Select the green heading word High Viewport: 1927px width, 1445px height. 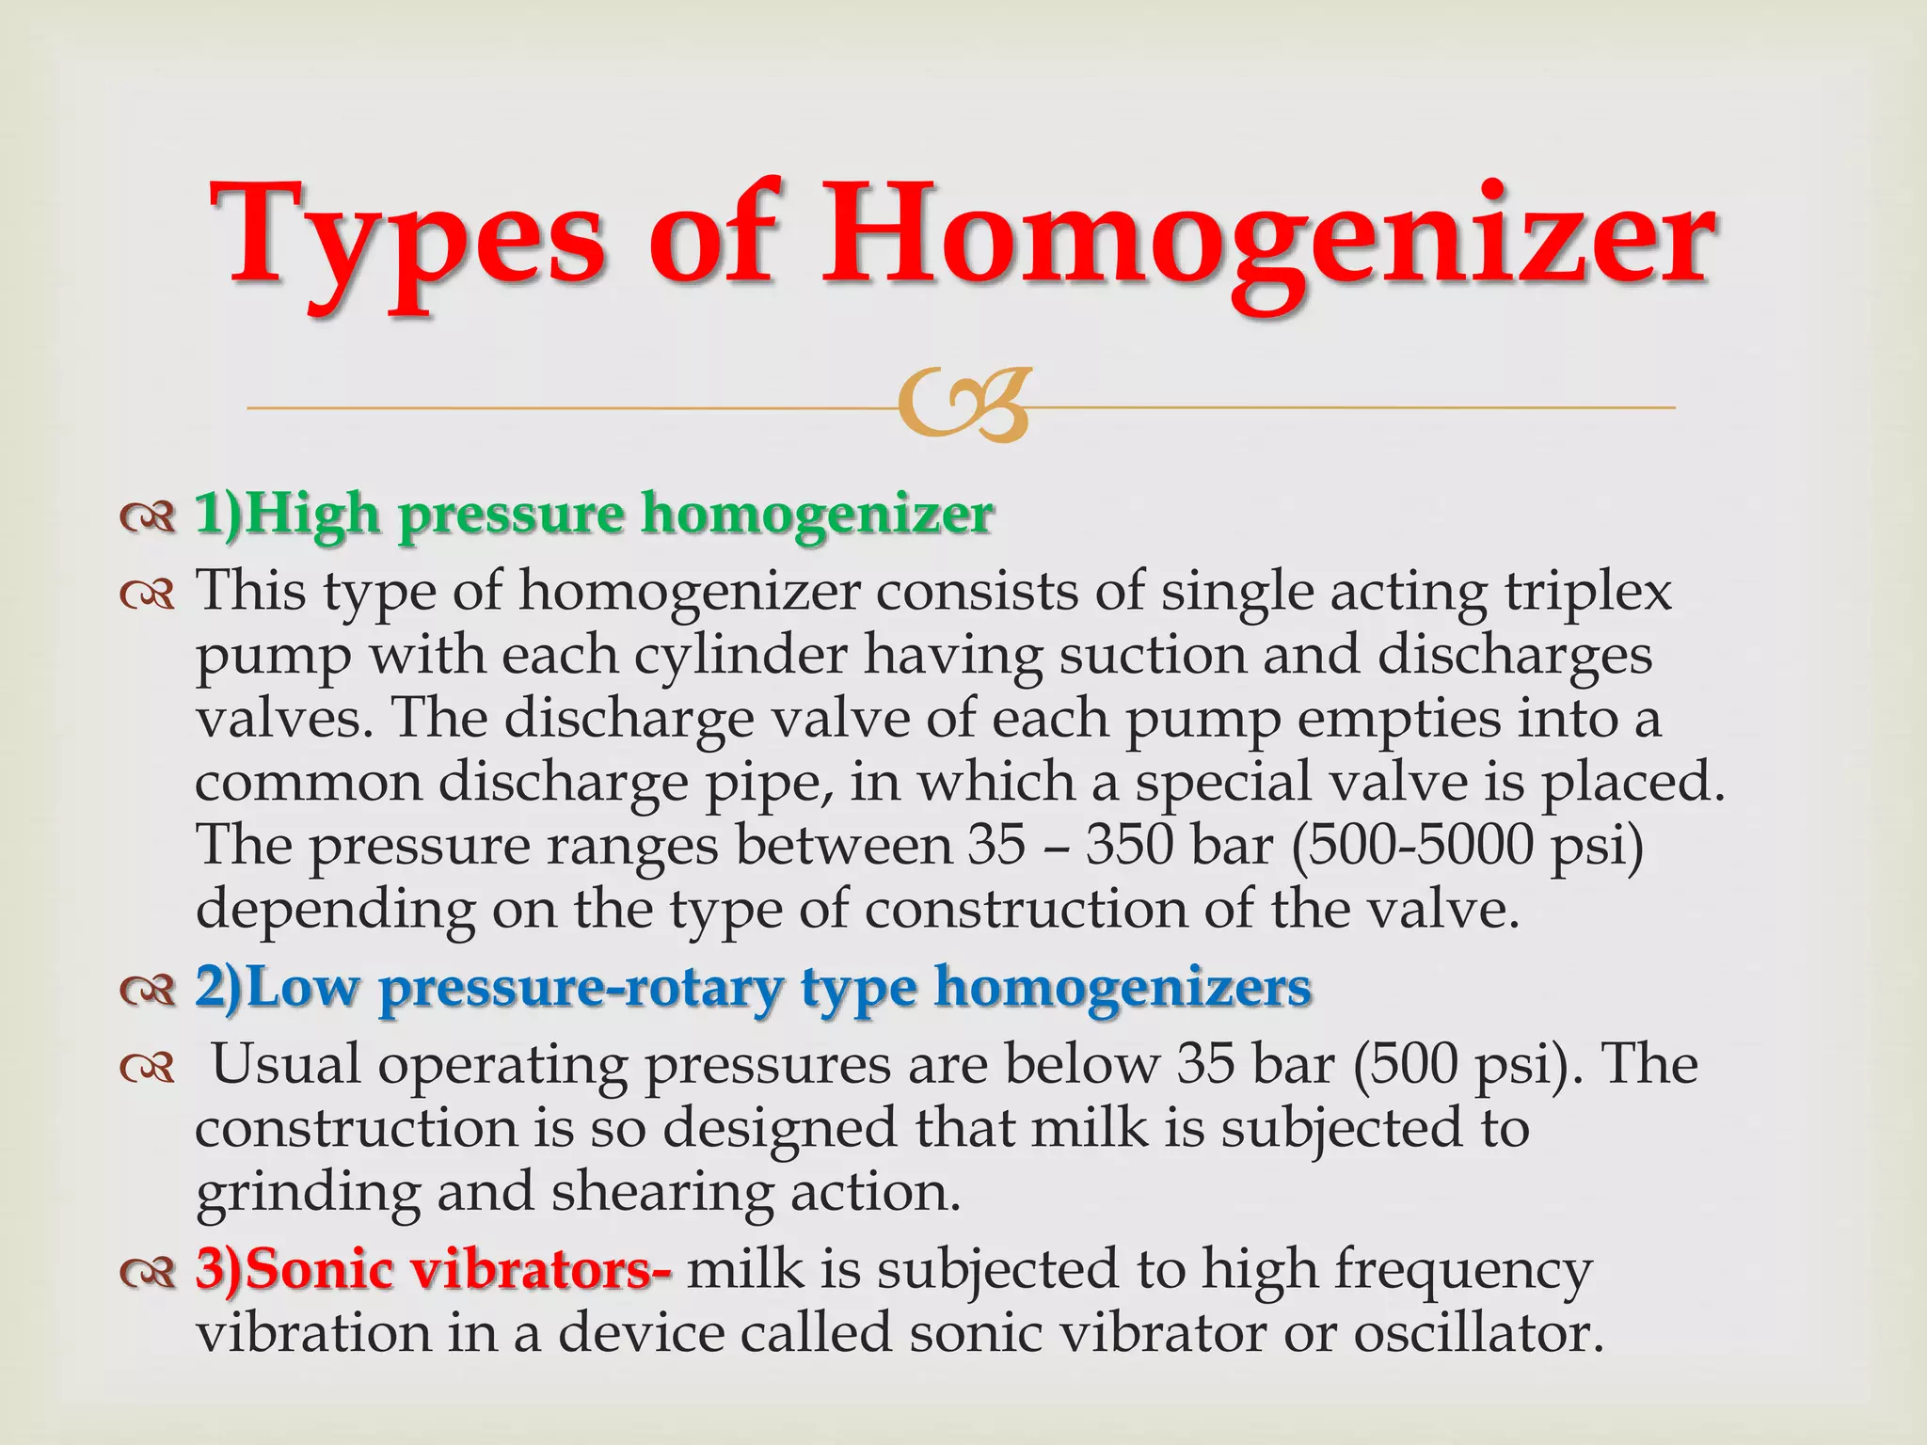[x=314, y=516]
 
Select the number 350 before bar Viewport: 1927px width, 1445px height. [x=1130, y=845]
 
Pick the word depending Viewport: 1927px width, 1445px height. [x=335, y=911]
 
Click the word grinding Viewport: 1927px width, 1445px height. [x=308, y=1193]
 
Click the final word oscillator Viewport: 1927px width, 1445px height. [x=1478, y=1333]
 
